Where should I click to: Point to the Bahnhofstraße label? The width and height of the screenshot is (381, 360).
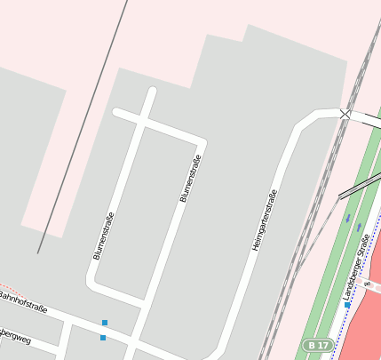pos(21,302)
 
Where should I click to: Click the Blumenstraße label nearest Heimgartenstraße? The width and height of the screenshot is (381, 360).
pos(191,179)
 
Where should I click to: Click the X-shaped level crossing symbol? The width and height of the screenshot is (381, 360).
pos(345,114)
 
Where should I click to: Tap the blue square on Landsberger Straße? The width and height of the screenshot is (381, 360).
pos(347,305)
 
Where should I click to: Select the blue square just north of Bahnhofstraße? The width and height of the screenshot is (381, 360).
pos(105,322)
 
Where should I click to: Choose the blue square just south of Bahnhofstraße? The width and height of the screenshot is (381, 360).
pos(103,338)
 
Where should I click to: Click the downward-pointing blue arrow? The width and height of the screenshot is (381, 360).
pos(348,218)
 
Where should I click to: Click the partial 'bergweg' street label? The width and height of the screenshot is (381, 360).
pos(15,337)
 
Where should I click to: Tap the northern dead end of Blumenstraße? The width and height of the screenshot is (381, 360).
pos(153,92)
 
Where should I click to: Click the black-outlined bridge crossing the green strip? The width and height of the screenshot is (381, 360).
pos(359,183)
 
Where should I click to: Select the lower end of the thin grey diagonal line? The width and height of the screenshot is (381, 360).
pos(38,252)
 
